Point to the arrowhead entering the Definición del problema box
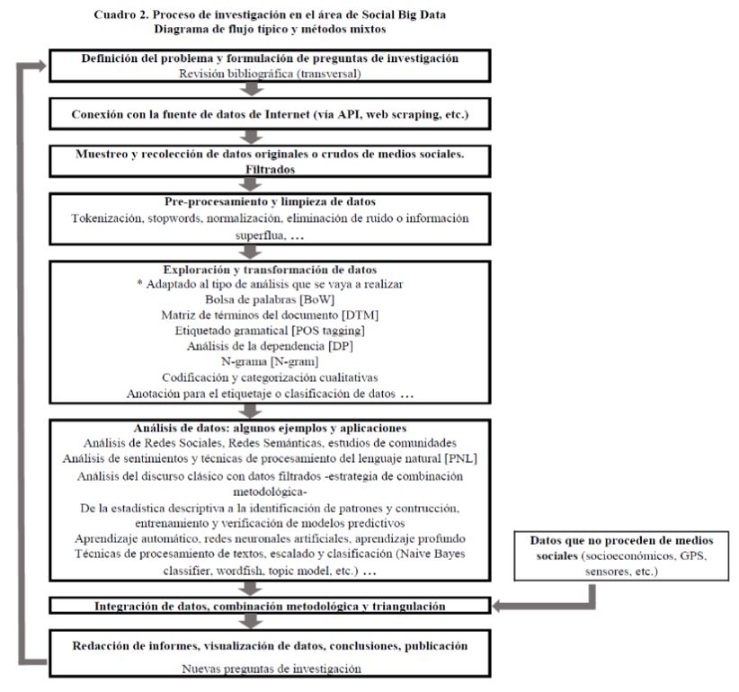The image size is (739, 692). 36,64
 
